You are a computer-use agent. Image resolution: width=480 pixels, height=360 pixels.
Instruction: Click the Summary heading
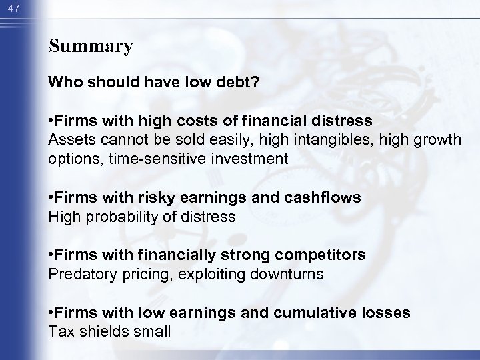91,46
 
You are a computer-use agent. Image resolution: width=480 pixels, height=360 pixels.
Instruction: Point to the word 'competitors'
327,255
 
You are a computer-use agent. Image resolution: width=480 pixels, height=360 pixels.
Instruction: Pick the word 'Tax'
59,331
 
